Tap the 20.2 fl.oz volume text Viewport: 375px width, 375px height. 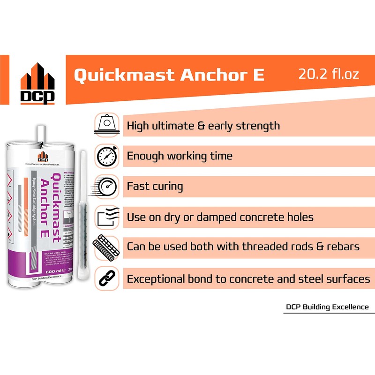[329, 74]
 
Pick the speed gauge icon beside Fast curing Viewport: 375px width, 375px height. [107, 186]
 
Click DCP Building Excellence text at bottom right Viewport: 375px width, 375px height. [327, 307]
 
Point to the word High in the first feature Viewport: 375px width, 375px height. [138, 126]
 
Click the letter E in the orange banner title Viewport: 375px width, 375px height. [259, 75]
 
